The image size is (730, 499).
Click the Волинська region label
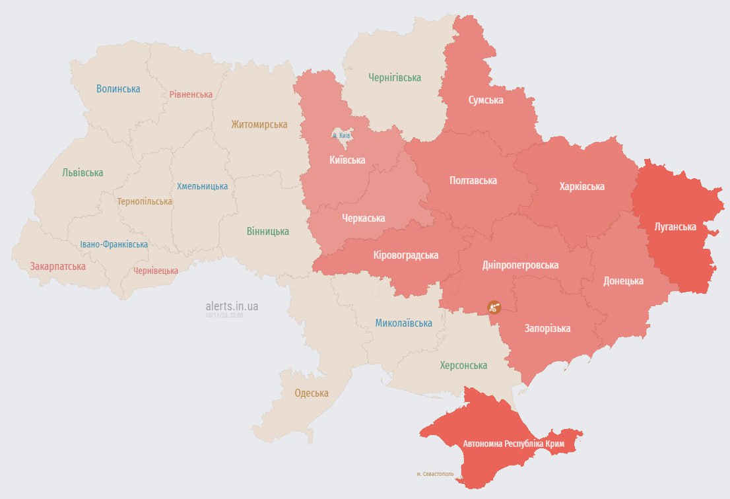point(118,88)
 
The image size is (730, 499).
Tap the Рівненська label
point(191,94)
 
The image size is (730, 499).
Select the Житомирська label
point(259,124)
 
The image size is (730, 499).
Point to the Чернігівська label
point(394,78)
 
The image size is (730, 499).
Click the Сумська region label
point(486,100)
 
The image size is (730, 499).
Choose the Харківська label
point(581,187)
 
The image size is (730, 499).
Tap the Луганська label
point(675,226)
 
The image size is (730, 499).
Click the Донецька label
point(623,281)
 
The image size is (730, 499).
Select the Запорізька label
point(547,328)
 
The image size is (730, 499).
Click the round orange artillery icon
point(494,307)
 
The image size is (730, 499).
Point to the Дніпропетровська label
point(520,265)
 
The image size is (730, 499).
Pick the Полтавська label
point(473,180)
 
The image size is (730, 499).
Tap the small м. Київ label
point(341,135)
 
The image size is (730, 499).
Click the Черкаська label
point(363,218)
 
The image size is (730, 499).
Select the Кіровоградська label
point(405,255)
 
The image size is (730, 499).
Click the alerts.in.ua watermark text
point(232,306)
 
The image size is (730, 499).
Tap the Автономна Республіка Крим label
point(514,444)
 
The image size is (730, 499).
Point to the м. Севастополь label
point(436,474)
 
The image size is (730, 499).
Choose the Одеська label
point(312,393)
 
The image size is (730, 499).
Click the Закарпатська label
point(57,267)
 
